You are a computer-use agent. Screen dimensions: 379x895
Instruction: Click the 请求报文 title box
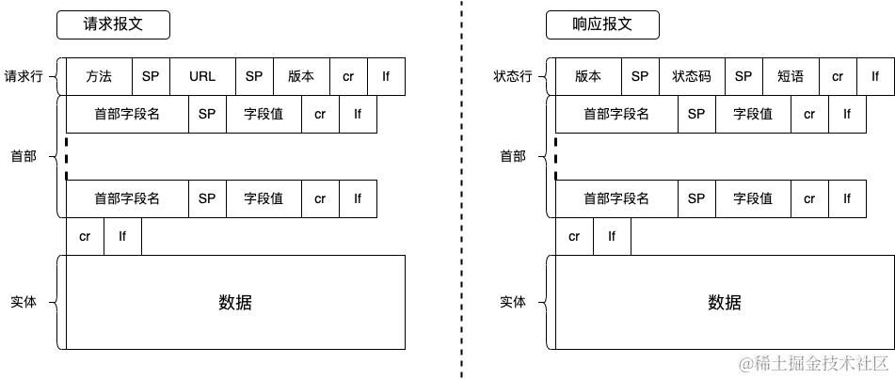coord(113,25)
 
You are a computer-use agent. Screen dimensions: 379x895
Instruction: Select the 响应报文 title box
coord(602,25)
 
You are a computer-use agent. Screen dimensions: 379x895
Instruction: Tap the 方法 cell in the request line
coord(99,76)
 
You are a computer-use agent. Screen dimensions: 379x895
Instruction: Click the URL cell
coord(202,76)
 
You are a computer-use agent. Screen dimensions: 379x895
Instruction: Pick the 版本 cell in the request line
coord(301,76)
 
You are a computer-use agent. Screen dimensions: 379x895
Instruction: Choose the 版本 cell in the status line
coord(588,76)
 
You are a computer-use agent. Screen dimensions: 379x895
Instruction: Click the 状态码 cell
coord(692,76)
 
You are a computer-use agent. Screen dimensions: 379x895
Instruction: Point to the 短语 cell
coord(791,76)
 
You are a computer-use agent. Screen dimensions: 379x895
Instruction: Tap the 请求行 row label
coord(24,76)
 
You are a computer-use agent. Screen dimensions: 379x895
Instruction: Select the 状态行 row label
coord(513,76)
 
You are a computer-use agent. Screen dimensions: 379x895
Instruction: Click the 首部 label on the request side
coord(24,156)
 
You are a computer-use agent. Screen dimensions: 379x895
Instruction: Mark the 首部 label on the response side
coord(513,156)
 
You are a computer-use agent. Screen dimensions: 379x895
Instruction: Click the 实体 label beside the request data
coord(24,302)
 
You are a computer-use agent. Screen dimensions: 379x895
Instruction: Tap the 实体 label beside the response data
coord(513,302)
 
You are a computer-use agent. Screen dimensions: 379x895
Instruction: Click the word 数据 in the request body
coord(235,302)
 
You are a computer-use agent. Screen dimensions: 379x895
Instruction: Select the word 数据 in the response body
coord(725,302)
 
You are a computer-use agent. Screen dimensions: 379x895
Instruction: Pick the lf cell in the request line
coord(386,76)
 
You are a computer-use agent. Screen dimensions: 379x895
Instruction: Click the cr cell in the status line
coord(838,76)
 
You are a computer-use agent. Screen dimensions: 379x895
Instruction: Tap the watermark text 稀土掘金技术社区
coord(814,363)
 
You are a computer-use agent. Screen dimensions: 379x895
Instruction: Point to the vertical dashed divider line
coord(462,188)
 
